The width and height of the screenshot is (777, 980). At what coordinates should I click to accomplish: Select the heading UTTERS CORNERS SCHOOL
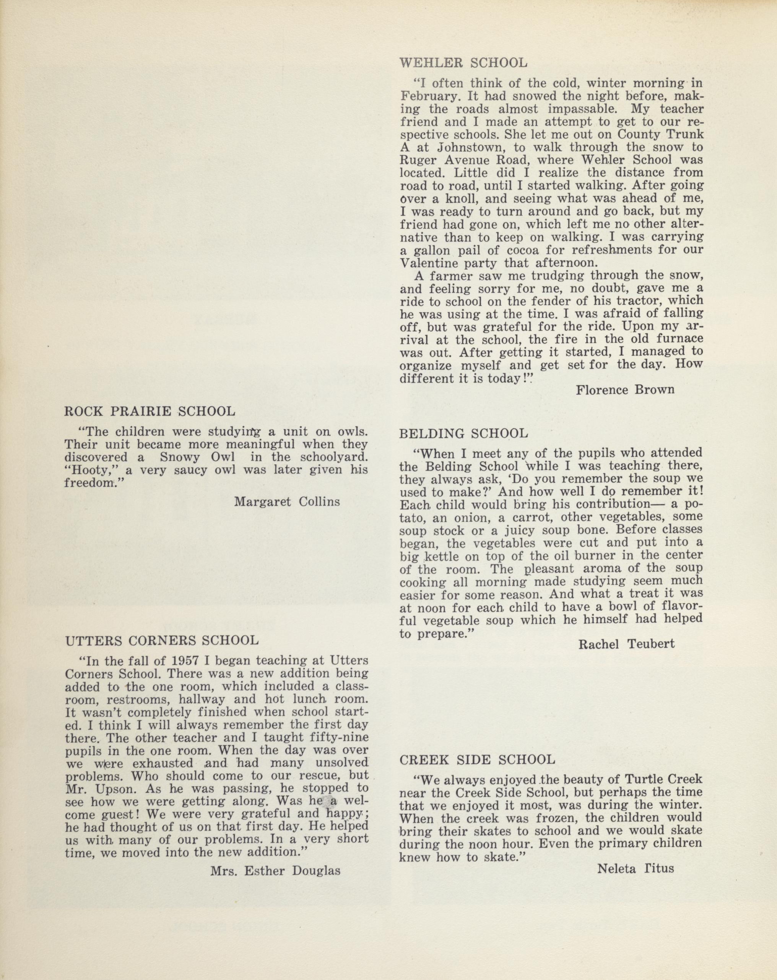162,641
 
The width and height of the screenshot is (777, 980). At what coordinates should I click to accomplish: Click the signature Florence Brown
625,389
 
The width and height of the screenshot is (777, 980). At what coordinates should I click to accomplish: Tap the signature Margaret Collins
287,501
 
